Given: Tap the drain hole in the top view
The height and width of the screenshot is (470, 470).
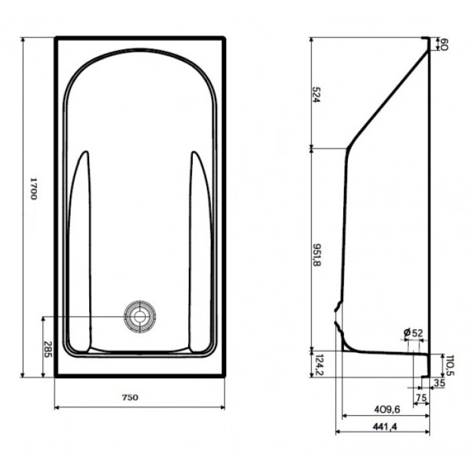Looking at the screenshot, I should click(x=140, y=316).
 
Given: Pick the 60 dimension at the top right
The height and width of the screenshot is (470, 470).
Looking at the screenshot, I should click(x=443, y=45).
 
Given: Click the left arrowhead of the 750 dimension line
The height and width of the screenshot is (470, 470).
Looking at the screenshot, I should click(x=56, y=407).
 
